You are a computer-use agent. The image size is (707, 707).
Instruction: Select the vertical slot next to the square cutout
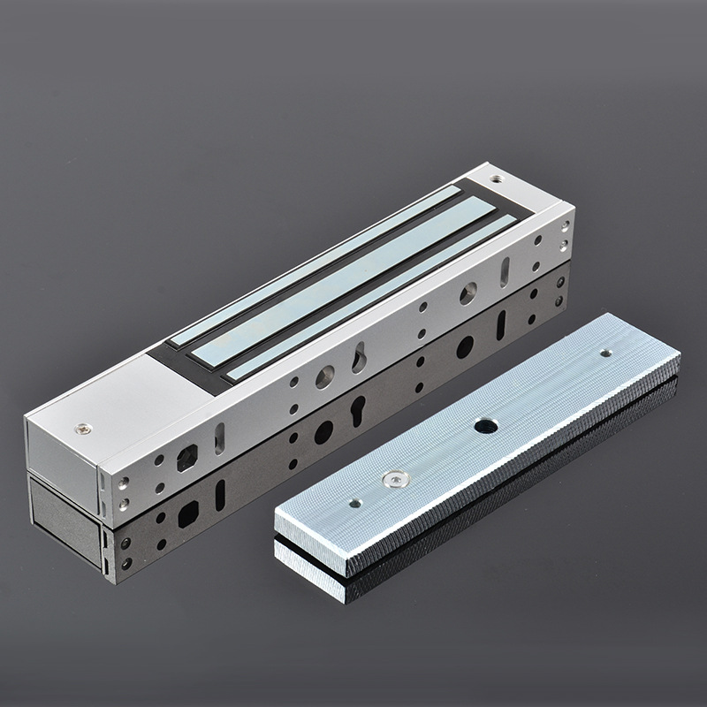coord(220,437)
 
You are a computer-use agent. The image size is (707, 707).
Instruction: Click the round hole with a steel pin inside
coord(469,292)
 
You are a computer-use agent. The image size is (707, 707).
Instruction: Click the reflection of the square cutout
coord(187,512)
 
